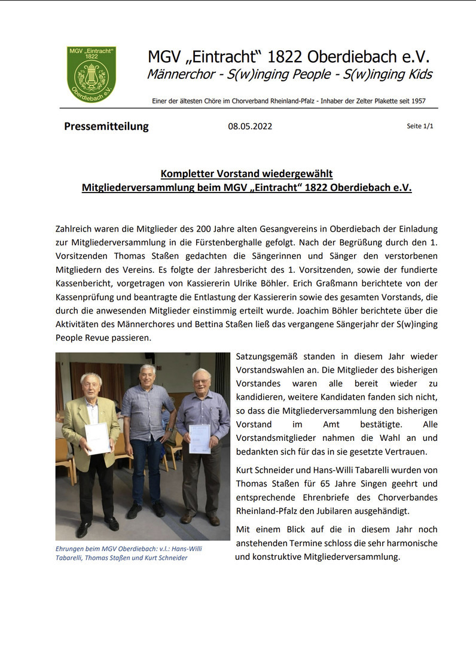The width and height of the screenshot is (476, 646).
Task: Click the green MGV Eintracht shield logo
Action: pos(91,74)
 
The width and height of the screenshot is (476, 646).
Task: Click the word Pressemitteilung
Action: pos(106,126)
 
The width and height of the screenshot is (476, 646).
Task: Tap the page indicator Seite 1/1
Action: pos(420,127)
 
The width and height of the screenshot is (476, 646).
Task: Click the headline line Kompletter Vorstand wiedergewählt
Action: pos(246,174)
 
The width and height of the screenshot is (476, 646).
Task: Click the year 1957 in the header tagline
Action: pos(417,101)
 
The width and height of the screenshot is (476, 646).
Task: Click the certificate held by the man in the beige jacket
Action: pos(97,438)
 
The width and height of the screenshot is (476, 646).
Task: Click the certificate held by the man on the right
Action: pos(200,439)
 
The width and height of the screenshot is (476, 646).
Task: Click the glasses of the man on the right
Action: pos(201,382)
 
